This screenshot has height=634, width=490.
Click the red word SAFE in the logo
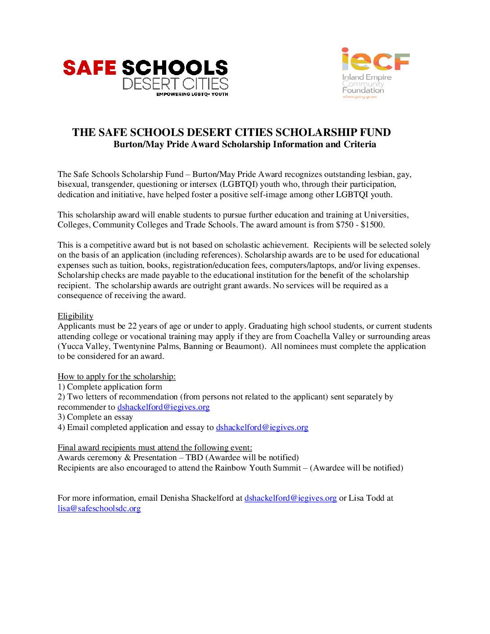tap(90, 68)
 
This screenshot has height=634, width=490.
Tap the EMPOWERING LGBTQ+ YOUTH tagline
tap(192, 95)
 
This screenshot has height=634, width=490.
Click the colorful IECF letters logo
tap(375, 60)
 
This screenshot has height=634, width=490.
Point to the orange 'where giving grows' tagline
tap(359, 97)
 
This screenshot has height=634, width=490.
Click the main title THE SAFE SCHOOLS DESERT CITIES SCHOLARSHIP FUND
tap(231, 132)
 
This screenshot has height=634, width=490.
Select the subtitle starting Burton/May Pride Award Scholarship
tap(245, 145)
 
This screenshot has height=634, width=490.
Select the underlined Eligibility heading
tap(76, 316)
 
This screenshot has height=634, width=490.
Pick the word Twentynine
tap(134, 346)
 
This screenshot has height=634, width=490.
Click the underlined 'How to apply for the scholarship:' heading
tap(117, 376)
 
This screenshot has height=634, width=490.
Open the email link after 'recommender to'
tap(163, 407)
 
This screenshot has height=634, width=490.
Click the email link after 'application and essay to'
tap(262, 427)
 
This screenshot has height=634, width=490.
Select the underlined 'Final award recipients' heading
tap(155, 448)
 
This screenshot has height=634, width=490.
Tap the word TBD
tap(194, 457)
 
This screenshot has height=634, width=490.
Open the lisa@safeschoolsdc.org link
tap(99, 508)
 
